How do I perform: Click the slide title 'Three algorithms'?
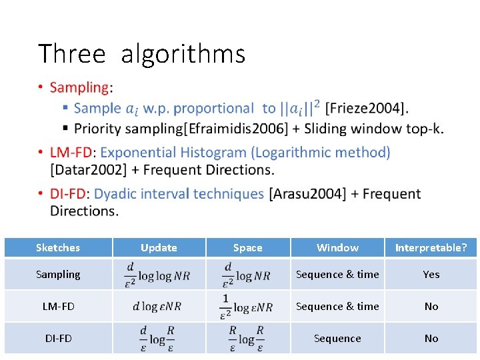(x=141, y=53)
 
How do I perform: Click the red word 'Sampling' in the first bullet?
(x=79, y=87)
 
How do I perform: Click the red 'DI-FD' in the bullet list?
(x=68, y=194)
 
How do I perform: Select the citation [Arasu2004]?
(x=307, y=194)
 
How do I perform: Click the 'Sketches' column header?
(x=58, y=248)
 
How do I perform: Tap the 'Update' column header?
(x=159, y=248)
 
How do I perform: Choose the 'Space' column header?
(x=247, y=248)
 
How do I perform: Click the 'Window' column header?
(x=337, y=248)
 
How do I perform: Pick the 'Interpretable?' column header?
(x=431, y=248)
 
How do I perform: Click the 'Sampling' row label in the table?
(x=58, y=275)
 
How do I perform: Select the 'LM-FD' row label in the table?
(x=58, y=307)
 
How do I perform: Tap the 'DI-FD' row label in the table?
(x=58, y=339)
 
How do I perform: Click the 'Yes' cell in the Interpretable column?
(x=431, y=275)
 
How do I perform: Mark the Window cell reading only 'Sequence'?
(x=337, y=339)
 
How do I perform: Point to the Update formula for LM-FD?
(x=157, y=307)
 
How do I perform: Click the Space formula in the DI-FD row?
(x=247, y=339)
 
